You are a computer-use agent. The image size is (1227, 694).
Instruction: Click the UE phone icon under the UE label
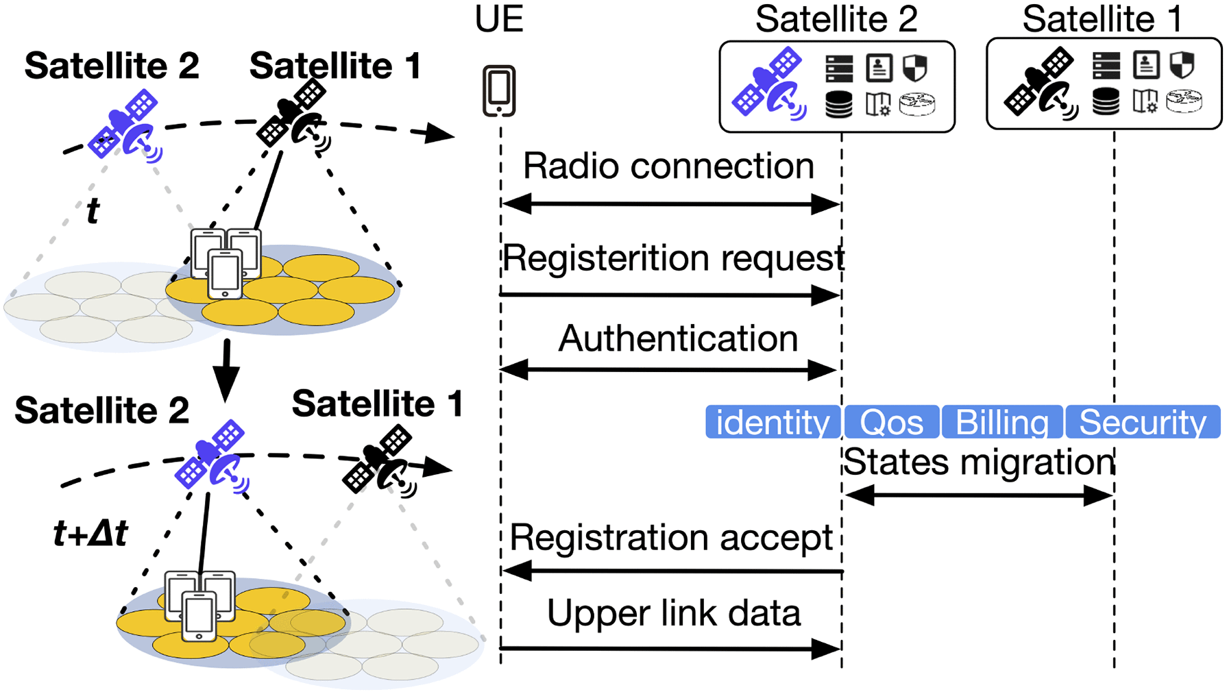(498, 91)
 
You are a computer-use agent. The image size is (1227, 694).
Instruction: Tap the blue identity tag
(773, 422)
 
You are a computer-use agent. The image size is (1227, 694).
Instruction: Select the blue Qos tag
(891, 422)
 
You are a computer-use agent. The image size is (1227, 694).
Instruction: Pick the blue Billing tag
(1001, 422)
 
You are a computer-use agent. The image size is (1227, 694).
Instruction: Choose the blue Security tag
(1143, 422)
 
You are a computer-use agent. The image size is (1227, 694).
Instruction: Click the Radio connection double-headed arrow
(670, 203)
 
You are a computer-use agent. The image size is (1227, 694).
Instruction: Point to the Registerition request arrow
(670, 295)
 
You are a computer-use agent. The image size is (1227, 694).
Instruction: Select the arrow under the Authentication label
(668, 371)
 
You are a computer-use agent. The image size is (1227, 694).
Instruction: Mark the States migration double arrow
(978, 495)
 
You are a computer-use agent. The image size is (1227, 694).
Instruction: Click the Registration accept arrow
(672, 571)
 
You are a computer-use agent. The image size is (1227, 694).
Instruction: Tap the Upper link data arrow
(670, 648)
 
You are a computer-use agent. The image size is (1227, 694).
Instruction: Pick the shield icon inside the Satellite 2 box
(915, 67)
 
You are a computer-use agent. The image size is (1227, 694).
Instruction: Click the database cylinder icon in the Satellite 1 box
(1106, 101)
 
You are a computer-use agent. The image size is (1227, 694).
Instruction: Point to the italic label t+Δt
(90, 533)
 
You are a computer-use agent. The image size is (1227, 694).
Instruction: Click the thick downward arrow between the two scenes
(226, 371)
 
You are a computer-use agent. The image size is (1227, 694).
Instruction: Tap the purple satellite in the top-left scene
(125, 126)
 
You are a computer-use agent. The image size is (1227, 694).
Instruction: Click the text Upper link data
(673, 613)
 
